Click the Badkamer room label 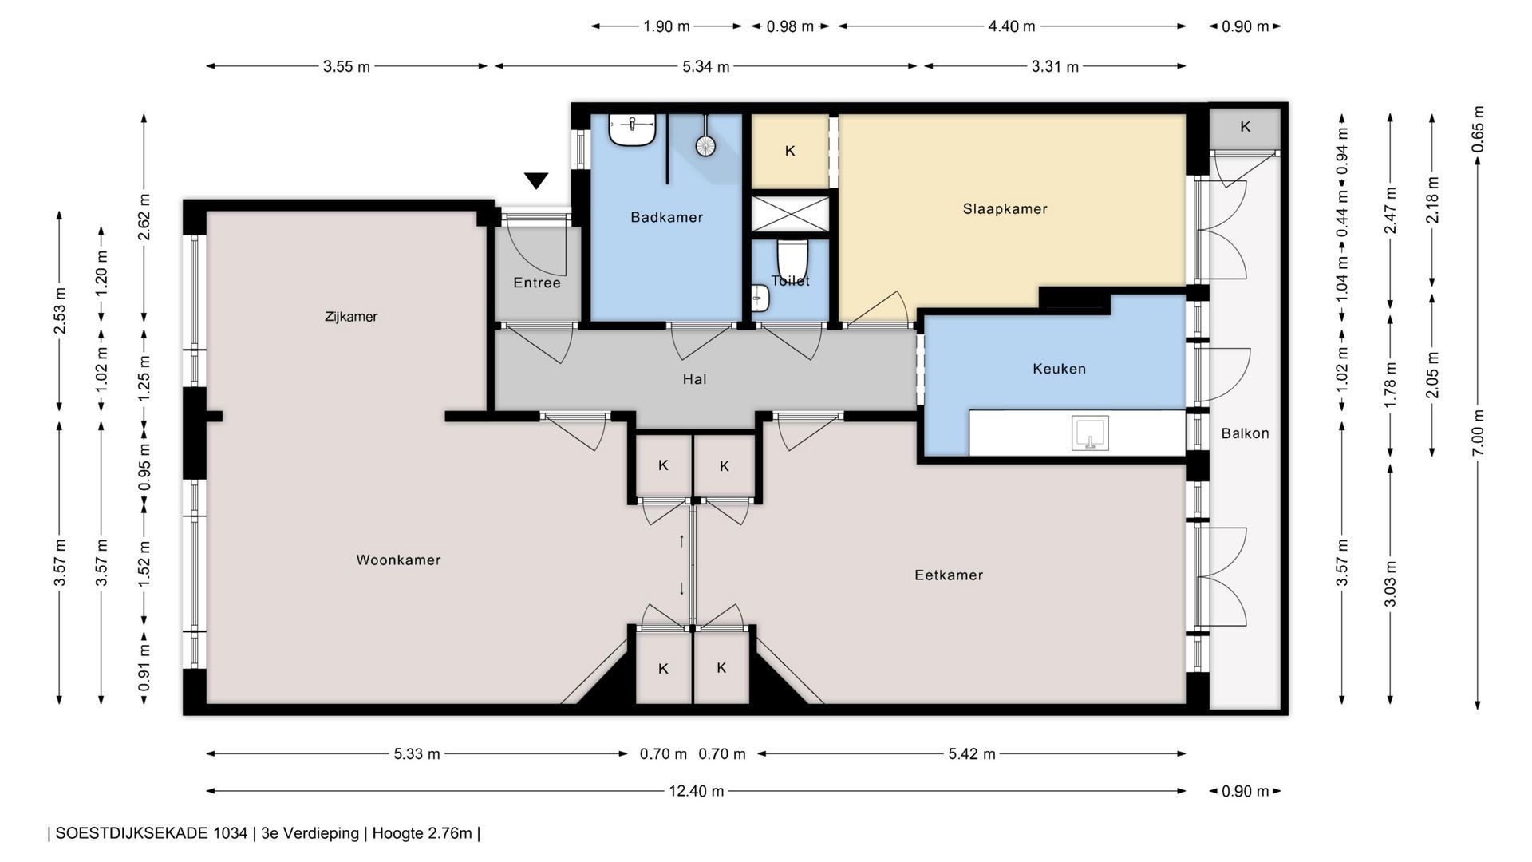pos(666,217)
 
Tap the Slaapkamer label pos(1005,209)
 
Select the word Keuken pos(1059,369)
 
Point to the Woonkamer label pos(398,560)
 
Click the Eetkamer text pos(949,575)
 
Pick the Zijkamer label pos(351,317)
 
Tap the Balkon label pos(1245,433)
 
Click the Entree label pos(537,283)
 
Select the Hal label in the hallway pos(694,379)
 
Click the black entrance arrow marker pos(536,180)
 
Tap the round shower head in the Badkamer pos(705,145)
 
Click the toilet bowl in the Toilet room pos(792,256)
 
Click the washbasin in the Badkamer pos(632,129)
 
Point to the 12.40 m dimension pos(696,791)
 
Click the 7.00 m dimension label pos(1478,432)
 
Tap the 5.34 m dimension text pos(705,67)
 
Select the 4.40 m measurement pos(1012,26)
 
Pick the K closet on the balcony pos(1245,128)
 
